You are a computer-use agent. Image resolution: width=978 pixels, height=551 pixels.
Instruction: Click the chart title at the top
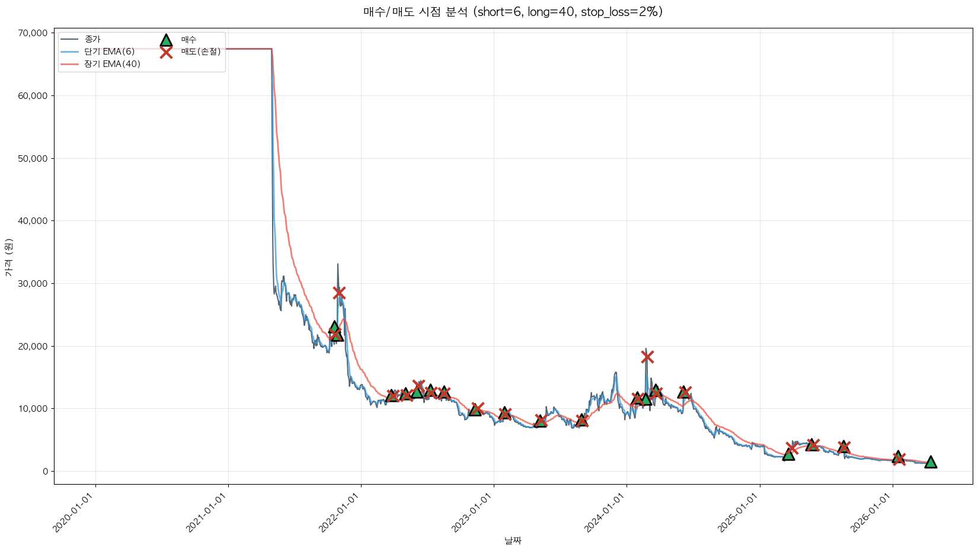tap(513, 12)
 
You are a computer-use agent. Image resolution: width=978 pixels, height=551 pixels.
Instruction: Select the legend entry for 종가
tap(92, 39)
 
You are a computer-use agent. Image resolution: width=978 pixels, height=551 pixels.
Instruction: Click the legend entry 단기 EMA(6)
tap(109, 52)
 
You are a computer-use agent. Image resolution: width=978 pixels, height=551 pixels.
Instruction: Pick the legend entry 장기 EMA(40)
tap(112, 64)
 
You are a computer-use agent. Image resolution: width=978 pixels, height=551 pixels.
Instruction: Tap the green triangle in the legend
tap(166, 40)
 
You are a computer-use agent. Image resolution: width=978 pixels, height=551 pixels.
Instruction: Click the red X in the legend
tap(166, 52)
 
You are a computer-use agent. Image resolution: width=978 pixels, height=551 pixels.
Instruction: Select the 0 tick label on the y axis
tap(44, 472)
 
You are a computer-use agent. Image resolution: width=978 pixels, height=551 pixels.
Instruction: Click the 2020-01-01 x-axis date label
tap(75, 512)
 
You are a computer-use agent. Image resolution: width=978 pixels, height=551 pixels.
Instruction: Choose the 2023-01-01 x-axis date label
tap(473, 512)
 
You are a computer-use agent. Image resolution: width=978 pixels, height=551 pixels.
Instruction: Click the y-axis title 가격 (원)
tap(9, 258)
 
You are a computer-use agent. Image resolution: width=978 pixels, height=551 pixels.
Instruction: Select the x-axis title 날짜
tap(513, 540)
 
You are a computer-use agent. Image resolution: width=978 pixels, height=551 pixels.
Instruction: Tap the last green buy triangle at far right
tap(931, 462)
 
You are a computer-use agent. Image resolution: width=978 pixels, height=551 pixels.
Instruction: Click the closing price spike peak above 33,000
tap(338, 264)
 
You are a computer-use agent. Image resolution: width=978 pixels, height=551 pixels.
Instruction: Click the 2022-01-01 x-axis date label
tap(340, 512)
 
